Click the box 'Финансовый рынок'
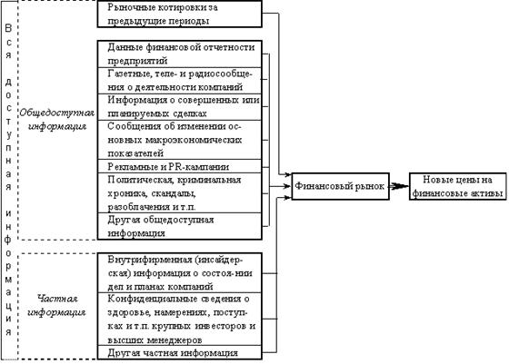[x=341, y=186]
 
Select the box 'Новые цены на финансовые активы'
[x=458, y=186]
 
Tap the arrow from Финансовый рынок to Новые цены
[x=399, y=186]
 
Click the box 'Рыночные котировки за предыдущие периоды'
[x=180, y=14]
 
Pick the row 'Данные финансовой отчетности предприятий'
[x=180, y=54]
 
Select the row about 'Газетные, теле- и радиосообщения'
[x=180, y=81]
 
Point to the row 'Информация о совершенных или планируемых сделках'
[x=180, y=107]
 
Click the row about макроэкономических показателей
[x=180, y=140]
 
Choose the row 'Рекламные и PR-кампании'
[x=180, y=166]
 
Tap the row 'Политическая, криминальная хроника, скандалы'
[x=180, y=192]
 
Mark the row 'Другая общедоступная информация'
[x=180, y=226]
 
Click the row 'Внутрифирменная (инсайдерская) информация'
[x=180, y=273]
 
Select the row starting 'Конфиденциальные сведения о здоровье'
[x=180, y=320]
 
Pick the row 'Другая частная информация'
[x=180, y=352]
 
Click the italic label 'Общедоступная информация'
[x=57, y=119]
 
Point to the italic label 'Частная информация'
[x=57, y=305]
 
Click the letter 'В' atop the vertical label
[x=8, y=28]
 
